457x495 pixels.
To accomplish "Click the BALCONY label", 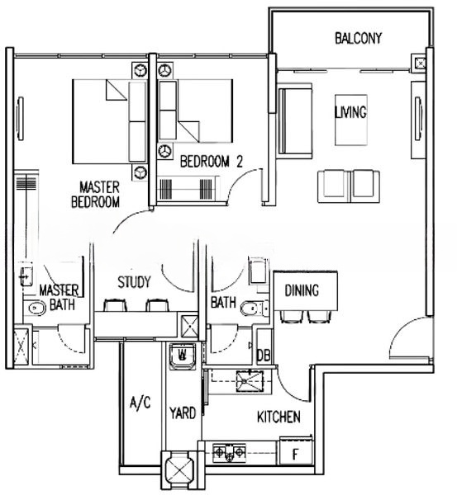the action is click(359, 38).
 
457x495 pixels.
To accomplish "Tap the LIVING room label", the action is click(350, 112).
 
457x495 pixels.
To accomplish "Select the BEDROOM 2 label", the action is click(212, 162).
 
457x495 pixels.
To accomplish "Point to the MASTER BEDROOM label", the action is click(96, 194).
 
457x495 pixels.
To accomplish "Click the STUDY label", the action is click(134, 282).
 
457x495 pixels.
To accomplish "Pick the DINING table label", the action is click(302, 290).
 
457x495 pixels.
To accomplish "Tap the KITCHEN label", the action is click(278, 417).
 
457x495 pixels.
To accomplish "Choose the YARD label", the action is click(183, 413).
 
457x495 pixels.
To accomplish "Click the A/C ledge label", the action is click(140, 403).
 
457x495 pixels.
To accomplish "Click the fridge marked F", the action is click(295, 451).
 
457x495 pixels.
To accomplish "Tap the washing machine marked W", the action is click(183, 356).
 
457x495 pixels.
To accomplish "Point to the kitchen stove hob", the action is click(229, 453).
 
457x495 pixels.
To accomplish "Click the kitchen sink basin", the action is click(250, 381).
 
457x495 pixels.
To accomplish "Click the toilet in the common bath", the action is click(255, 309).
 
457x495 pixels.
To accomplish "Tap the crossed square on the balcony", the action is click(420, 64).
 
